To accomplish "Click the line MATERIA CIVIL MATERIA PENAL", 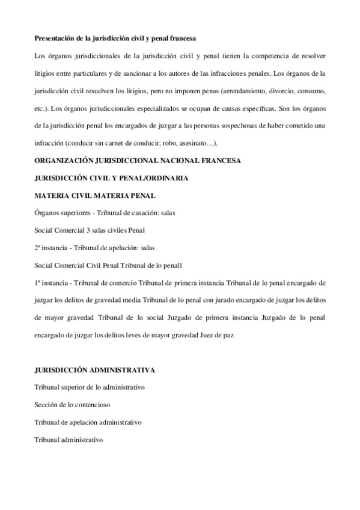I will tap(96, 195).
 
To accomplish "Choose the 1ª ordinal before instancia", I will tap(38, 281).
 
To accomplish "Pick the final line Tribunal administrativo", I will tap(69, 440).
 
